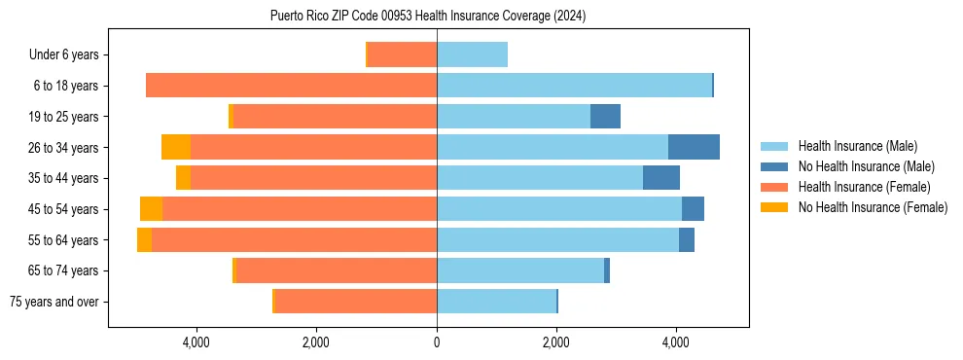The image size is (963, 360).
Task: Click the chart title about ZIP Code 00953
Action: coord(427,17)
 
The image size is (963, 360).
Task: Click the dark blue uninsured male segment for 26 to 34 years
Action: coord(694,147)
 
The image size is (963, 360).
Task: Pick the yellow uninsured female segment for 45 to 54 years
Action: coord(151,209)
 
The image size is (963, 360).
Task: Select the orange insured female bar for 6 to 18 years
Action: coord(291,86)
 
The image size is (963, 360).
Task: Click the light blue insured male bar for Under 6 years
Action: coord(472,54)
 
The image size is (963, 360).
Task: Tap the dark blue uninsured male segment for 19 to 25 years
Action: coord(605,117)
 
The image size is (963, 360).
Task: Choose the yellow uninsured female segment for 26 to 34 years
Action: coord(176,147)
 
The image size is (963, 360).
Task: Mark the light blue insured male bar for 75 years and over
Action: coord(496,302)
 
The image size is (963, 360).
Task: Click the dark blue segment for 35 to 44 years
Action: coord(660,178)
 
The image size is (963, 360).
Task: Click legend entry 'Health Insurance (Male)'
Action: coord(857,146)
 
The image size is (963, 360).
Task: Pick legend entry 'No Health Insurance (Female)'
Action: coord(873,207)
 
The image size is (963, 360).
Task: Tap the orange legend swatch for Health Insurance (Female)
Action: coord(774,187)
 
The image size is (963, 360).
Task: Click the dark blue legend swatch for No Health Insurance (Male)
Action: coord(774,166)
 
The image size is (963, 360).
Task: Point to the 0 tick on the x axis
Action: coord(437,342)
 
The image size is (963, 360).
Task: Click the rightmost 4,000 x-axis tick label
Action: coord(676,342)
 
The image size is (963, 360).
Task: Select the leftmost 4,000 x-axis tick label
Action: coord(196,342)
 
